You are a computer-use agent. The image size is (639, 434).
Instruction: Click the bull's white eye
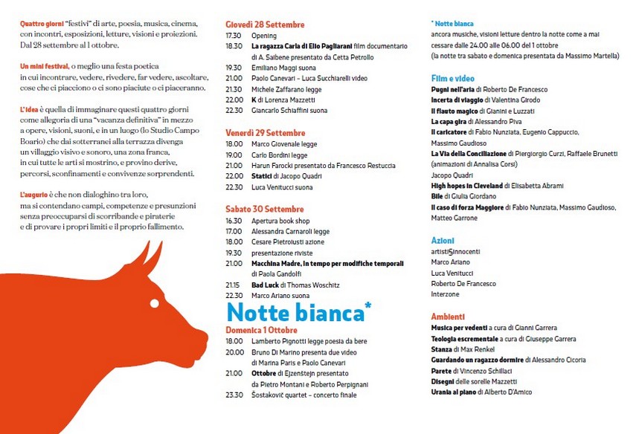(155, 303)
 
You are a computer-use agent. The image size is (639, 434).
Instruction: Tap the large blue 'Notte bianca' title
(295, 313)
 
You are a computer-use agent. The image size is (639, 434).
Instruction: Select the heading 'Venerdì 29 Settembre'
(265, 133)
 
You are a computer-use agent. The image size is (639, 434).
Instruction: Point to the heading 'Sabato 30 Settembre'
(264, 209)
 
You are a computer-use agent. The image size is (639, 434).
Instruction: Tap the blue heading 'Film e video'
(452, 78)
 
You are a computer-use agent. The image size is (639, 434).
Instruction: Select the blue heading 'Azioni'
(443, 241)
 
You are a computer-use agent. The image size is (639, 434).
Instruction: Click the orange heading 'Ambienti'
(448, 317)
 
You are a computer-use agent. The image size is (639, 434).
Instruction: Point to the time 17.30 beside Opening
(234, 36)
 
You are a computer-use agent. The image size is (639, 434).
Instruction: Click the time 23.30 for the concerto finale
(234, 395)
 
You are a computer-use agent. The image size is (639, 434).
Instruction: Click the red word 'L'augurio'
(36, 195)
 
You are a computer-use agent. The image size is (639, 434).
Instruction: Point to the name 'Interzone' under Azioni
(446, 294)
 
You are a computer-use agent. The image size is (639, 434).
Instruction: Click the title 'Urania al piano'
(454, 392)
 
